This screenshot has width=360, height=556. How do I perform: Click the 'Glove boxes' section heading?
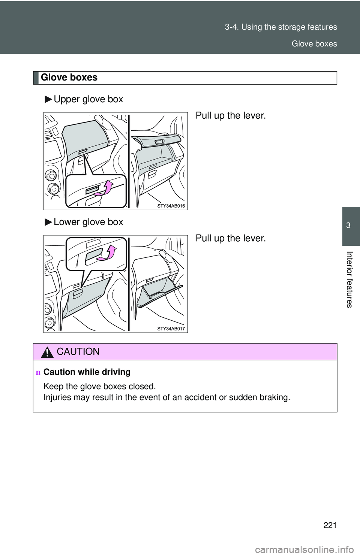[69, 78]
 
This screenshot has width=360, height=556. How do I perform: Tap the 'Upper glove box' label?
[88, 99]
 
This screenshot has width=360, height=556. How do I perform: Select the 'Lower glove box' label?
[88, 222]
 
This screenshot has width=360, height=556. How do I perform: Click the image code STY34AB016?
[171, 206]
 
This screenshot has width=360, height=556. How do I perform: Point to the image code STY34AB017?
[171, 329]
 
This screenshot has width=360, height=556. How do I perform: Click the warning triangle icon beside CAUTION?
[48, 352]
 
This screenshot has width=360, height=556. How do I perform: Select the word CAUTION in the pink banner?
[78, 352]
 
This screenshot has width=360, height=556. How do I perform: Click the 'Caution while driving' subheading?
[87, 372]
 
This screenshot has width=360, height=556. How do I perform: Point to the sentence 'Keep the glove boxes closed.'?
[99, 386]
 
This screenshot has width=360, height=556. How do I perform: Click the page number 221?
[330, 525]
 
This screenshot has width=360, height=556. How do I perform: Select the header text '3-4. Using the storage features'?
[281, 27]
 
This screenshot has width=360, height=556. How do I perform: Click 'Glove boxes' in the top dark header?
[314, 44]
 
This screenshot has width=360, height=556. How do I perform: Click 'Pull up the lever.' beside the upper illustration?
[231, 116]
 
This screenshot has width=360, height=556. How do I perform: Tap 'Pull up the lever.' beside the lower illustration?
[231, 238]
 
